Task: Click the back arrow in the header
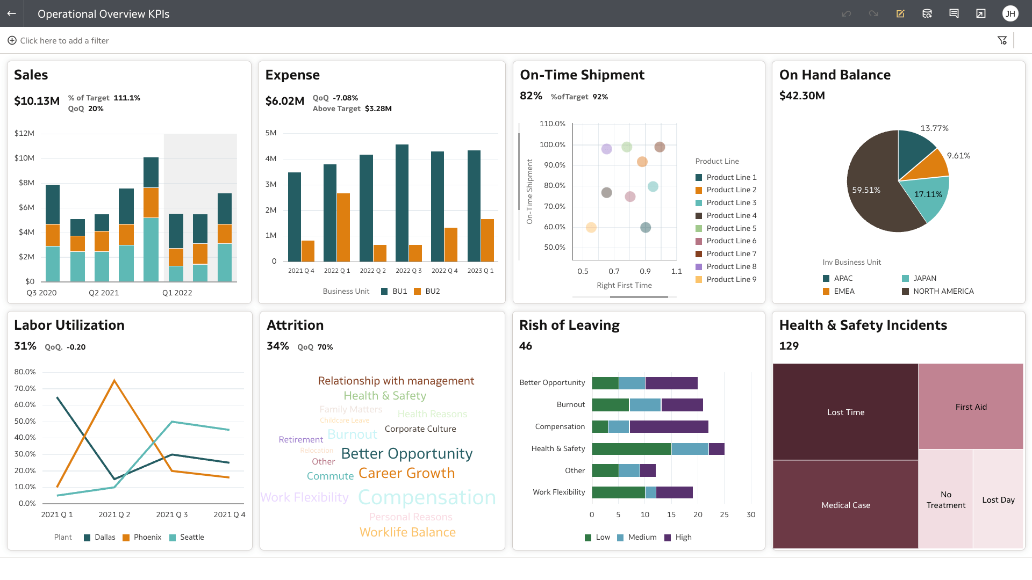point(11,13)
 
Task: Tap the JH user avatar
point(1010,13)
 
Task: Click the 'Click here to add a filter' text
point(64,41)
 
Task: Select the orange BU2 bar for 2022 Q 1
point(343,227)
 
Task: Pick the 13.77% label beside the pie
point(934,128)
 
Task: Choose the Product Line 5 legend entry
point(731,228)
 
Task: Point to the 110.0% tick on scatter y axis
point(552,124)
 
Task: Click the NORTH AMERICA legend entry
point(943,291)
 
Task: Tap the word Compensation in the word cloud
point(427,497)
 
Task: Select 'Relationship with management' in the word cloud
point(396,381)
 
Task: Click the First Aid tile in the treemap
point(971,407)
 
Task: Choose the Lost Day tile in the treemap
point(998,499)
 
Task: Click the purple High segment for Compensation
point(669,427)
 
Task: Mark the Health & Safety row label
point(558,448)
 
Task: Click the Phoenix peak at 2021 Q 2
point(114,381)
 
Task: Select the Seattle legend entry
point(191,537)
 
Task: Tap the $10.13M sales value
point(37,101)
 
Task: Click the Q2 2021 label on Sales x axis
point(104,293)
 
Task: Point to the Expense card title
point(292,75)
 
